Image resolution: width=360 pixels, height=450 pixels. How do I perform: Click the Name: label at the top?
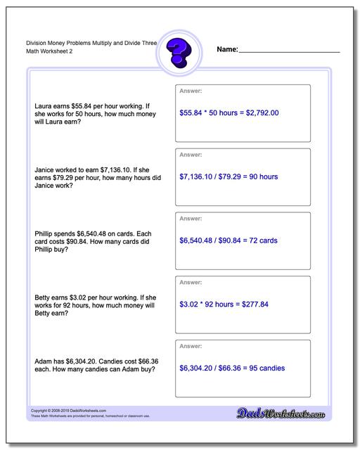pos(227,50)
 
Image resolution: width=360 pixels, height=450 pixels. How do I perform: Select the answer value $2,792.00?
pos(260,112)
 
